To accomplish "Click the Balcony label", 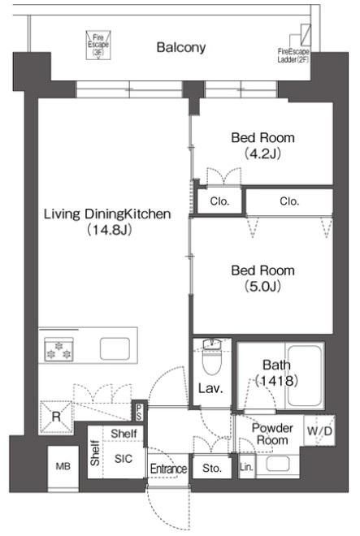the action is point(180,47).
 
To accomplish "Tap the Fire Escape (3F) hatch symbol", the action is point(98,45).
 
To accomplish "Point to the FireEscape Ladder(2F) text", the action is point(293,56).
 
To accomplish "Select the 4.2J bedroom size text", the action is point(262,153).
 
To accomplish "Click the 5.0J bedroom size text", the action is point(262,286).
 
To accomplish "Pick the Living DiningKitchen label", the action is point(107,214).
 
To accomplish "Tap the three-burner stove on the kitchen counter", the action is point(59,350).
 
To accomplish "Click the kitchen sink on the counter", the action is point(115,348).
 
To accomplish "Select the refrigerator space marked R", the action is point(56,417).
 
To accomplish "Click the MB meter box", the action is point(63,466).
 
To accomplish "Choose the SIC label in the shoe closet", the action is point(124,459).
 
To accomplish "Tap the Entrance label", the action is point(168,469).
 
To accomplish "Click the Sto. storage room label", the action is point(212,468).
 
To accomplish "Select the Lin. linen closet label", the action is point(246,467).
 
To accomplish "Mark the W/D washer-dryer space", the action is point(319,430).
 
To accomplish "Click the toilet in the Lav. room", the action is point(212,357).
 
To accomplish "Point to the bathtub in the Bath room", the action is point(304,375).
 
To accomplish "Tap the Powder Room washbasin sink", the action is point(278,464).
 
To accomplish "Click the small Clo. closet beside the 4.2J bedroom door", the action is point(219,201).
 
